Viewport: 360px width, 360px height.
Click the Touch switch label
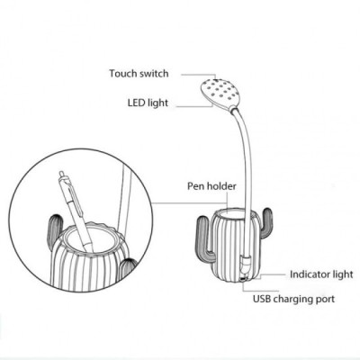pyautogui.click(x=139, y=74)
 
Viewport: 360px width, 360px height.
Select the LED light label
pyautogui.click(x=148, y=103)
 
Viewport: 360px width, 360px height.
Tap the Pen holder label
pyautogui.click(x=211, y=186)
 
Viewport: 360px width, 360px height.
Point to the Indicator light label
pyautogui.click(x=321, y=274)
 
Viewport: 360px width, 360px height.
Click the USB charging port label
pyautogui.click(x=293, y=299)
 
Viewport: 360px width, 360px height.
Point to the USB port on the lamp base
pyautogui.click(x=242, y=280)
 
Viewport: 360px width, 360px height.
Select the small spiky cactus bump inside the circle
pyautogui.click(x=128, y=267)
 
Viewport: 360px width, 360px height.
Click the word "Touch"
pyautogui.click(x=122, y=74)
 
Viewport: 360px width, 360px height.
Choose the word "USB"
pyautogui.click(x=262, y=299)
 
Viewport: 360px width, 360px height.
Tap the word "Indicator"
pyautogui.click(x=310, y=274)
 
